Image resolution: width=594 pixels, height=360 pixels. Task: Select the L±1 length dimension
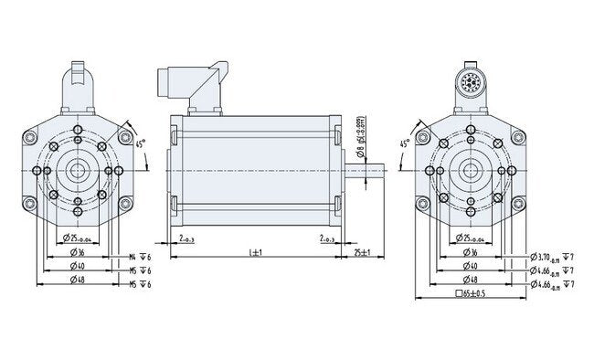coord(255,251)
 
